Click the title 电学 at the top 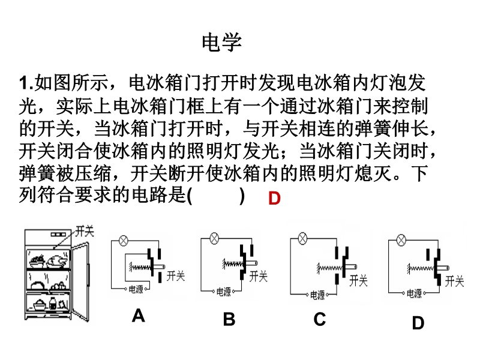(222, 42)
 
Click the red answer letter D (274, 199)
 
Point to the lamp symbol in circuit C (303, 238)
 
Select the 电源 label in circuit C (316, 295)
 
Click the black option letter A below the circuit (139, 316)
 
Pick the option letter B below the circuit (229, 319)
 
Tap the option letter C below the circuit (319, 319)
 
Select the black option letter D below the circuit (418, 323)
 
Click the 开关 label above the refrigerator (84, 231)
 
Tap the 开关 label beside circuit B (259, 276)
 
